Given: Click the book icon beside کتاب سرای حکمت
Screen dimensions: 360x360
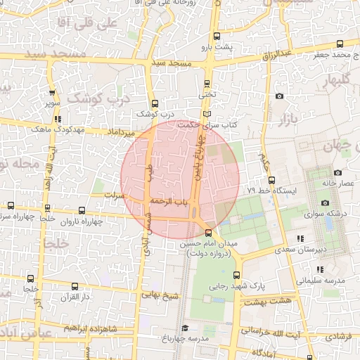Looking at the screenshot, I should click(206, 113).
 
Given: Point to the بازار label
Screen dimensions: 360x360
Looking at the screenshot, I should click(289, 118).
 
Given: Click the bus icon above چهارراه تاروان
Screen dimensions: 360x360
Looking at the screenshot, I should click(82, 210).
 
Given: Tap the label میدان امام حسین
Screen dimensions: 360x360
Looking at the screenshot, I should click(209, 244).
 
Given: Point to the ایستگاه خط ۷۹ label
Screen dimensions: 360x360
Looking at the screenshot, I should click(273, 191).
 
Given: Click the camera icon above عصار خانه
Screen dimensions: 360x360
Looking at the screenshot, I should click(337, 172).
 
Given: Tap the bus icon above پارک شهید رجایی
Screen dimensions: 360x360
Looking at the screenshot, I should click(236, 275).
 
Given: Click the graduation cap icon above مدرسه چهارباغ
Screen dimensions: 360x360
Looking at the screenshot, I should click(185, 328).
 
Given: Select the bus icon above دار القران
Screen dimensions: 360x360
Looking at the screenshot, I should click(75, 286).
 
